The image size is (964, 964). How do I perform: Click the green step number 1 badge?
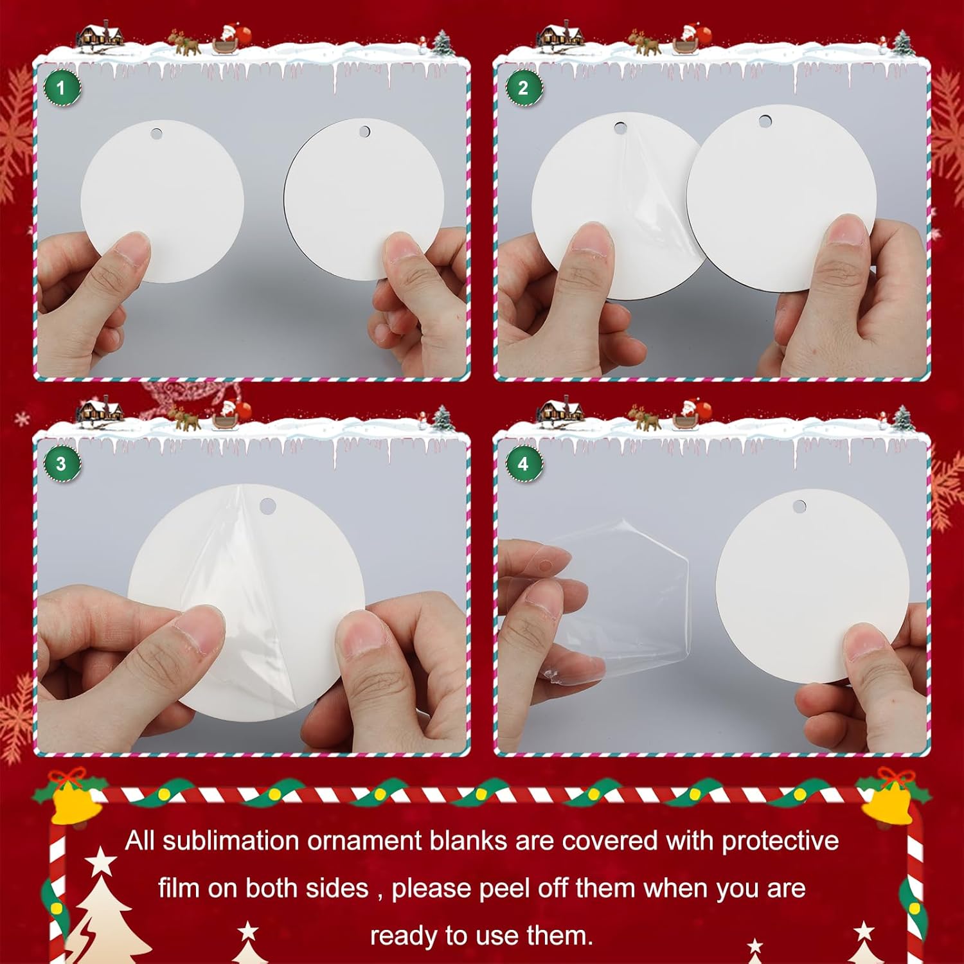coord(62,88)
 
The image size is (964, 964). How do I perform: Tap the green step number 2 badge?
coord(523,88)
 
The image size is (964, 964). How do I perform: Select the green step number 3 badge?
coord(62,464)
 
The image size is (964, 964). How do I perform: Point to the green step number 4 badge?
coord(523,464)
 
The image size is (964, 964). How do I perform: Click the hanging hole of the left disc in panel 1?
coord(157,134)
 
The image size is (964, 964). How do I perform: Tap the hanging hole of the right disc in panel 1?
coord(364,132)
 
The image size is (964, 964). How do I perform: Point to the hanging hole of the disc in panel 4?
coord(799,507)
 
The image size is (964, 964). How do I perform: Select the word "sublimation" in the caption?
coord(231,841)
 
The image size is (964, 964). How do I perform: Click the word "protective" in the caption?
coord(780,841)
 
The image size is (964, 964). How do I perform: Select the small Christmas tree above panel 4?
coord(902,419)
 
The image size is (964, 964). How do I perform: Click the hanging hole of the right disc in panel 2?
coord(765,121)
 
